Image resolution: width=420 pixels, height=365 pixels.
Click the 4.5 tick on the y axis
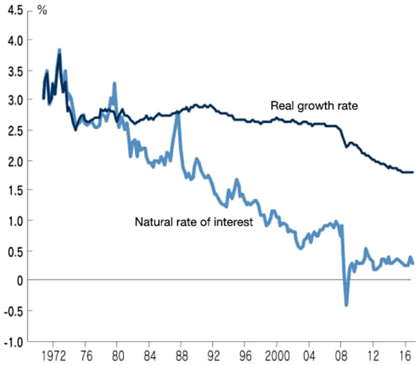click(x=15, y=11)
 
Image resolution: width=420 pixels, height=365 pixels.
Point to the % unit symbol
click(x=43, y=11)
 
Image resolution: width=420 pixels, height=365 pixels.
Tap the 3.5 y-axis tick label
click(x=15, y=71)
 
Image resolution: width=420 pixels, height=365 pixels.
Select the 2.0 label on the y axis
click(x=15, y=161)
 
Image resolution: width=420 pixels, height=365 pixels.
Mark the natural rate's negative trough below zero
click(x=346, y=305)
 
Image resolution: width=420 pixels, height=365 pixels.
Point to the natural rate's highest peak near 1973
click(x=59, y=50)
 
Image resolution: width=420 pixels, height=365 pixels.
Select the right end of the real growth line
click(x=412, y=172)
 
